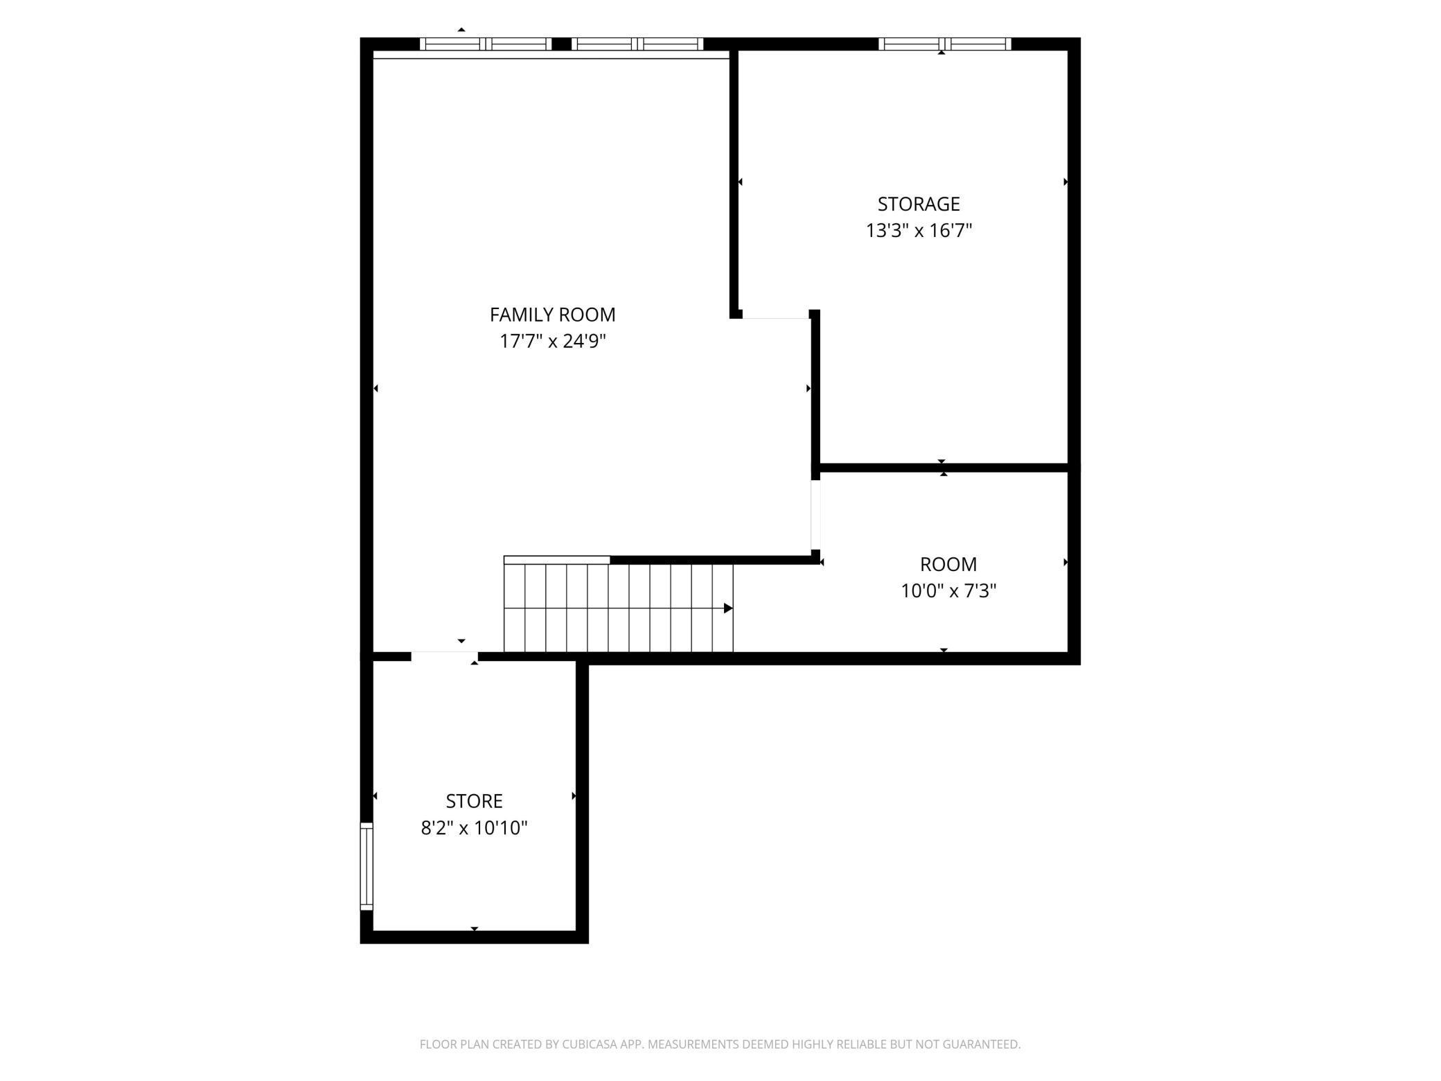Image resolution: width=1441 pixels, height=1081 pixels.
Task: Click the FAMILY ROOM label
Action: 552,315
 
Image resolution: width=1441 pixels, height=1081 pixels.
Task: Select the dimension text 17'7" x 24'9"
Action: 552,342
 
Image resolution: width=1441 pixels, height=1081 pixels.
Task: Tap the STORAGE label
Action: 918,204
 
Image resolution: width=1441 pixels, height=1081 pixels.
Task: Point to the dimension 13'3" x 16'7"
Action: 918,231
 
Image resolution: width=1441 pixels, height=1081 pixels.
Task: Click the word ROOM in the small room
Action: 948,564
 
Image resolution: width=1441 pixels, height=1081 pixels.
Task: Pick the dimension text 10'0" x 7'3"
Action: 948,591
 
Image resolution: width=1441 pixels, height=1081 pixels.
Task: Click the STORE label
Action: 474,801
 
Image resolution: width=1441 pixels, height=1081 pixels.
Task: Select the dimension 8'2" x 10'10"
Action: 474,828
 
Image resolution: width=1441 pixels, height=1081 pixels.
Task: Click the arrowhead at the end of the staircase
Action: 727,608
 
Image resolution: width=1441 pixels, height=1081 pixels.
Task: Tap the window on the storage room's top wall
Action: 944,44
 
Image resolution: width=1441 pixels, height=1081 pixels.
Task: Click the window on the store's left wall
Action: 366,866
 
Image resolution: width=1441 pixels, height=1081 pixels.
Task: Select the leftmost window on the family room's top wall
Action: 486,44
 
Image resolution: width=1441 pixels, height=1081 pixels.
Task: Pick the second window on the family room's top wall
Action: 637,44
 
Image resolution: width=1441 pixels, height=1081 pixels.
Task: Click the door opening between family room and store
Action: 444,656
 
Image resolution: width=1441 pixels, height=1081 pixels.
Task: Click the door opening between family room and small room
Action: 815,514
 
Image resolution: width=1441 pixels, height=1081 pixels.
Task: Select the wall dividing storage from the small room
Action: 944,468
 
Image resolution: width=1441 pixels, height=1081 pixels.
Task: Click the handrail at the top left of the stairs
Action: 556,560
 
